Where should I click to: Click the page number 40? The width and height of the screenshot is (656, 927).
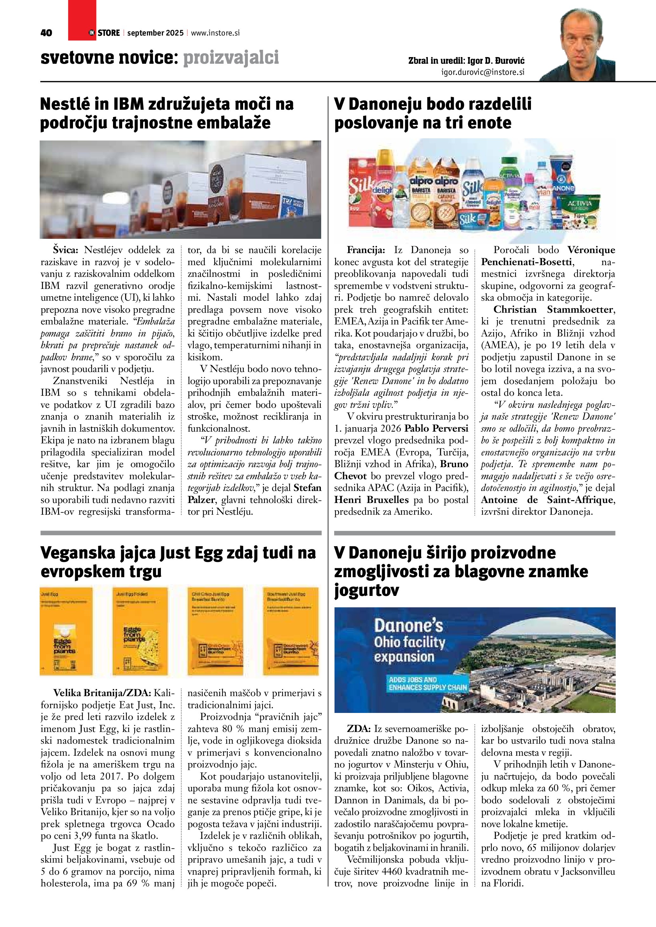pyautogui.click(x=46, y=33)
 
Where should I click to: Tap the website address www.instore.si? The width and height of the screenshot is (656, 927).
pyautogui.click(x=215, y=33)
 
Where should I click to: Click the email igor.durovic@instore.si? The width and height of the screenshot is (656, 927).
pyautogui.click(x=483, y=72)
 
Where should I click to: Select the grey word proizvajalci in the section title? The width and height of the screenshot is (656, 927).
pyautogui.click(x=231, y=58)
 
